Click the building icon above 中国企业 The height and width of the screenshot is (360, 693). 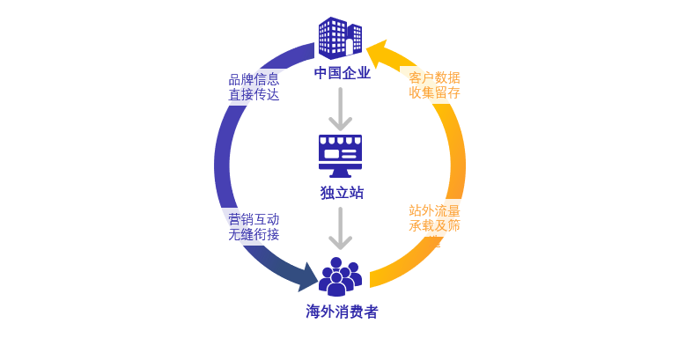(340, 38)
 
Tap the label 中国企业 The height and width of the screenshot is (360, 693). (342, 73)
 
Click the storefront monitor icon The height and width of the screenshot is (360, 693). (340, 155)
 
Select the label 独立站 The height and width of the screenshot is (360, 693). (342, 193)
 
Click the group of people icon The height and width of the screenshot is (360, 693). (340, 276)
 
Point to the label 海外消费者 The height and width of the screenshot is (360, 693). (342, 312)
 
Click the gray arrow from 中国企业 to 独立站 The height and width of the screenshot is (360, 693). (341, 109)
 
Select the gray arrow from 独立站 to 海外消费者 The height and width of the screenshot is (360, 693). (341, 229)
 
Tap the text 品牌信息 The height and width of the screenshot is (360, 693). (254, 79)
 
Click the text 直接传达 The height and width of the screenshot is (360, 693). (254, 94)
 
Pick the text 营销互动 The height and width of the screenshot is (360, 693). (254, 219)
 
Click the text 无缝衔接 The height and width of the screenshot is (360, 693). (254, 234)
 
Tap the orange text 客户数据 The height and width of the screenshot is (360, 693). (434, 77)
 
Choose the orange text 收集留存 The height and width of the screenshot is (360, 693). (434, 92)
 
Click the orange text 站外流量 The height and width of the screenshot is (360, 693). (434, 210)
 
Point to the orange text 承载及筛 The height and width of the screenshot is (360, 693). (434, 225)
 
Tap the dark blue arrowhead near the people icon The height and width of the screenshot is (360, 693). (307, 276)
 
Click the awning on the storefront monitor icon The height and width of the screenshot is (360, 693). (340, 140)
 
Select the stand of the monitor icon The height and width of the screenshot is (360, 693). (340, 173)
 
